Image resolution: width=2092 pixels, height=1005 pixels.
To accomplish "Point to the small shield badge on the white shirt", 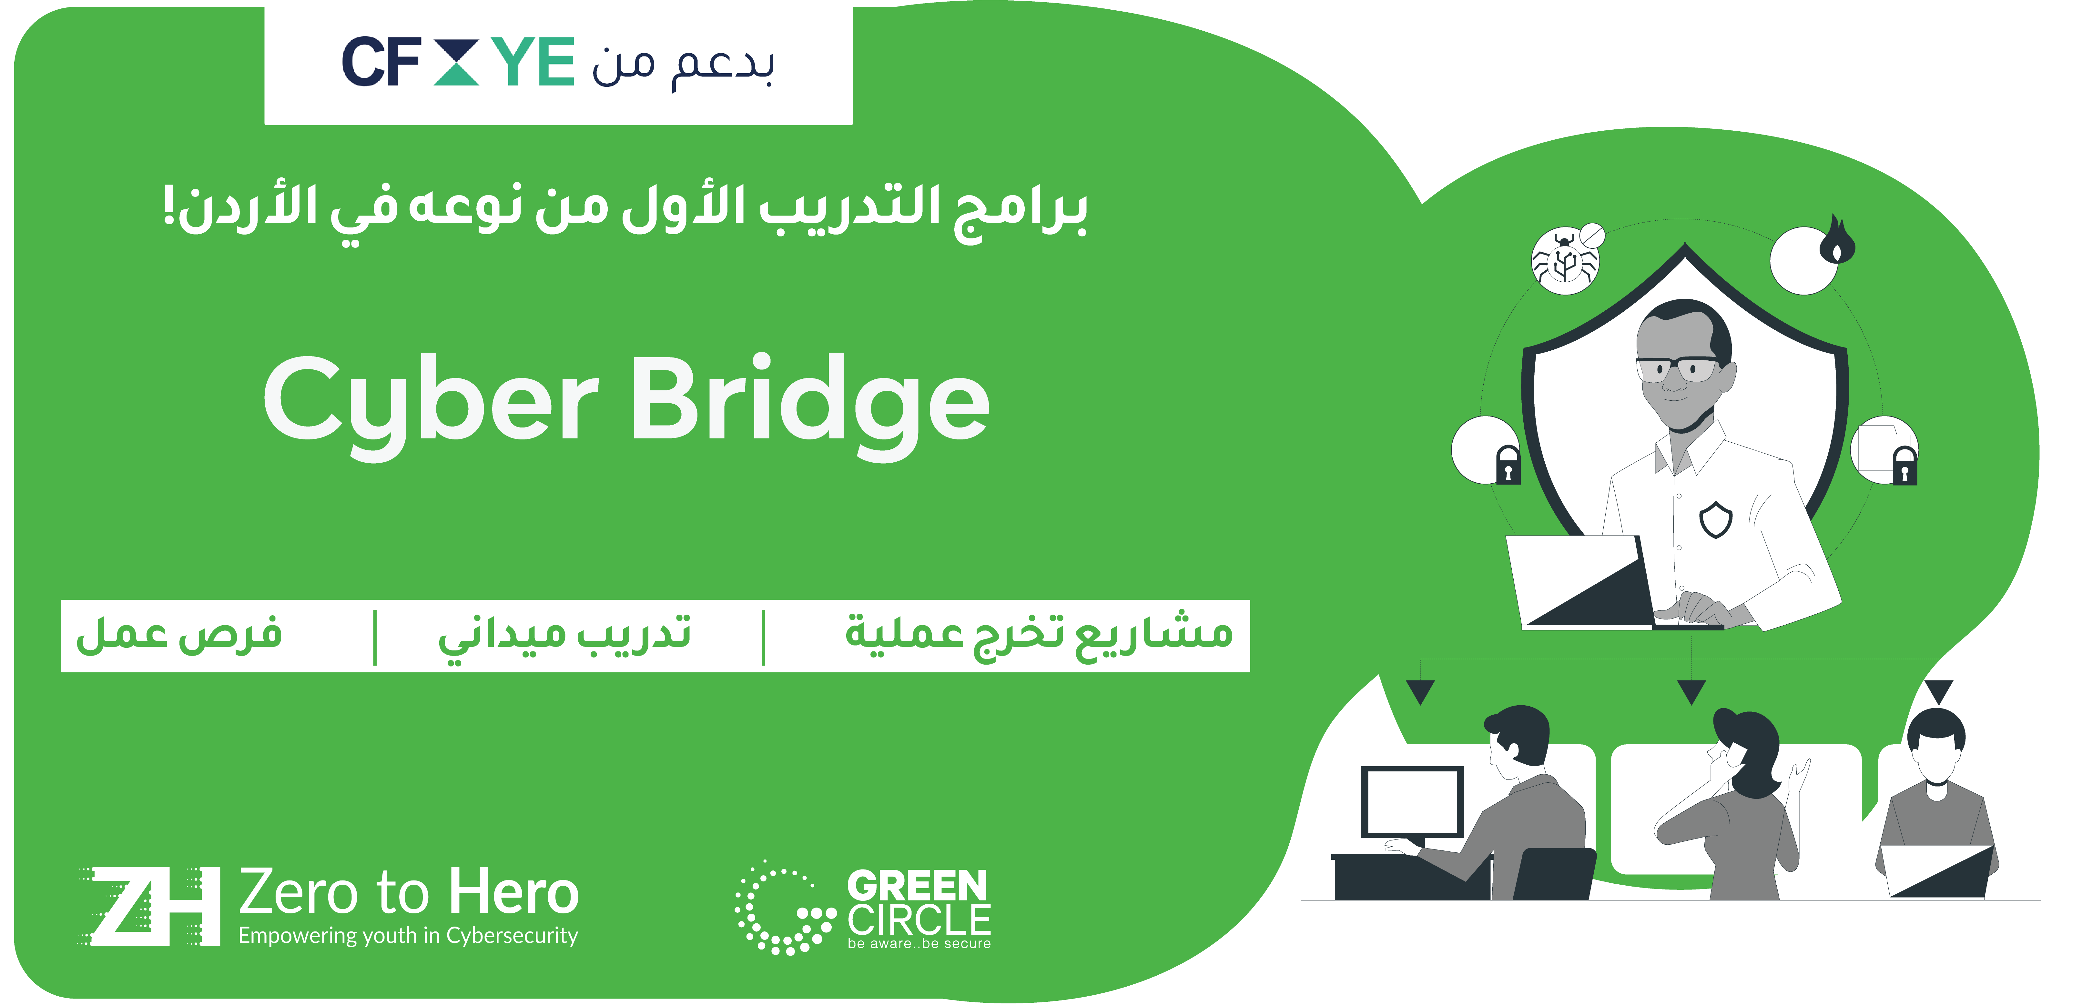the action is (1716, 519).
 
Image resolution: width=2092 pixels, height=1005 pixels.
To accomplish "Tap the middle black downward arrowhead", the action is (1691, 692).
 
